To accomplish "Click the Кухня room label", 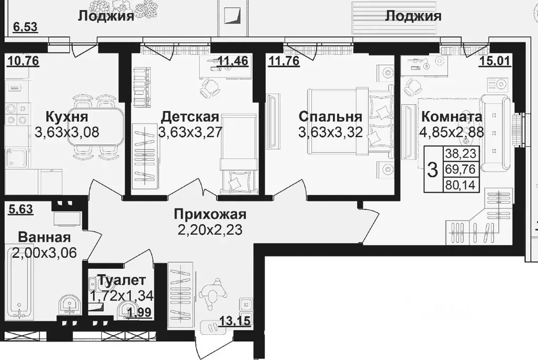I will [66, 116].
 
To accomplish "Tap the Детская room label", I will [189, 116].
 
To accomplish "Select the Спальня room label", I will [330, 116].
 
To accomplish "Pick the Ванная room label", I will [44, 236].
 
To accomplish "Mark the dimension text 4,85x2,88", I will [451, 132].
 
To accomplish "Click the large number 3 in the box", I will [433, 169].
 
